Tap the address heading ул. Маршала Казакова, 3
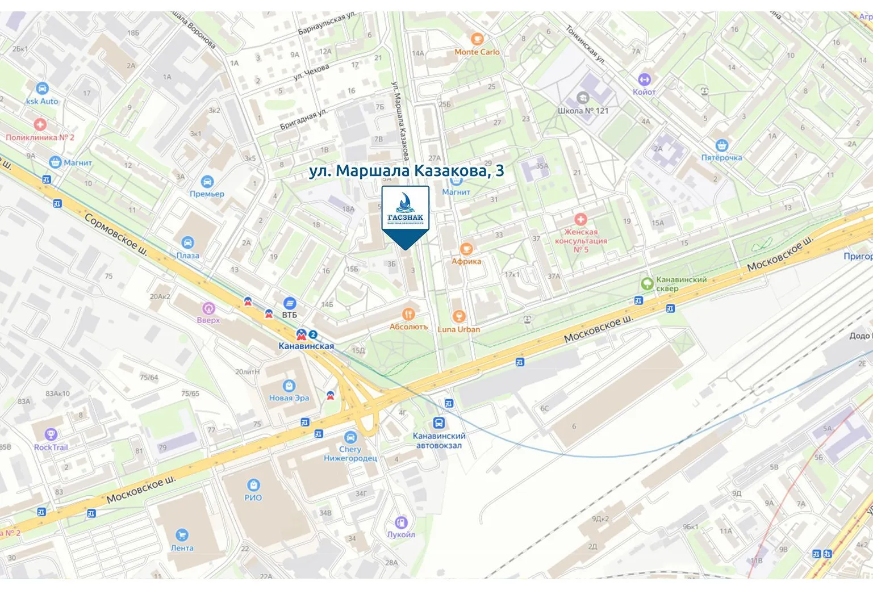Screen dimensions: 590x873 406,171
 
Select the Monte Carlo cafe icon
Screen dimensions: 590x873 477,39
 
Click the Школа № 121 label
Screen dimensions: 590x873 583,111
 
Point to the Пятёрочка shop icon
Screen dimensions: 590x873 721,145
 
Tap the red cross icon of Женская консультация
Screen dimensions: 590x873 580,219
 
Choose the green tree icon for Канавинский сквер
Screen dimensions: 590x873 646,283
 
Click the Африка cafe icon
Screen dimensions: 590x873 466,249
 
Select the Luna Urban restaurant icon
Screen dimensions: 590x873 459,316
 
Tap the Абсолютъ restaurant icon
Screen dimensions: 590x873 408,314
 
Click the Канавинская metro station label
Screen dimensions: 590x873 306,346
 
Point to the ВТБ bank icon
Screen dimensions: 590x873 290,303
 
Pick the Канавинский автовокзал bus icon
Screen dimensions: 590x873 438,423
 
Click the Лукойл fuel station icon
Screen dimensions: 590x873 401,522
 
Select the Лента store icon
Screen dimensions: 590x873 182,535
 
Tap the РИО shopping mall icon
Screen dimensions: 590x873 253,485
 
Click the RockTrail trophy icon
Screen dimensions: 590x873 51,435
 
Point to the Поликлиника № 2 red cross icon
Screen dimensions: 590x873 40,124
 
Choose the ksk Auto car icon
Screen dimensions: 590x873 41,89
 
